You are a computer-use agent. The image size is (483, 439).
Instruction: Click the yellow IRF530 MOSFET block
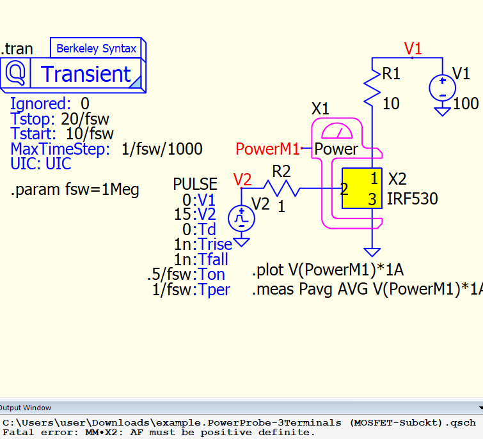pos(361,189)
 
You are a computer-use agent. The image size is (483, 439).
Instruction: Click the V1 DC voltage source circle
pos(441,87)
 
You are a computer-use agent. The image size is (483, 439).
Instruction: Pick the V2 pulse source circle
pos(242,218)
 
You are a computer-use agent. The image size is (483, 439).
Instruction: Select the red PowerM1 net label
pos(267,150)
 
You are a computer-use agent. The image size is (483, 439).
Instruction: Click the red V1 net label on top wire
pos(413,49)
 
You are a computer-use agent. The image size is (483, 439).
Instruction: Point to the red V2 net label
pos(242,180)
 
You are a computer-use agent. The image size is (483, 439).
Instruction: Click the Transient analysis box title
pos(86,74)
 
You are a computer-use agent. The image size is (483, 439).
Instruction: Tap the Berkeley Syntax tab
pos(96,49)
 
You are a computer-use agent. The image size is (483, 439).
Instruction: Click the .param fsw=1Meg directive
pos(75,190)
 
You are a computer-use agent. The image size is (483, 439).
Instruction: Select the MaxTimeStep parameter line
pos(106,150)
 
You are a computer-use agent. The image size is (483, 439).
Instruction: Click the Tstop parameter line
pos(59,119)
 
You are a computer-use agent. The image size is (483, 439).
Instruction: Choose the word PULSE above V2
pos(195,185)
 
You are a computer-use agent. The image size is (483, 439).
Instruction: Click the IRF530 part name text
pos(413,199)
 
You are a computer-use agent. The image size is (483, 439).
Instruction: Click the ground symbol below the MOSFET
pos(371,252)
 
